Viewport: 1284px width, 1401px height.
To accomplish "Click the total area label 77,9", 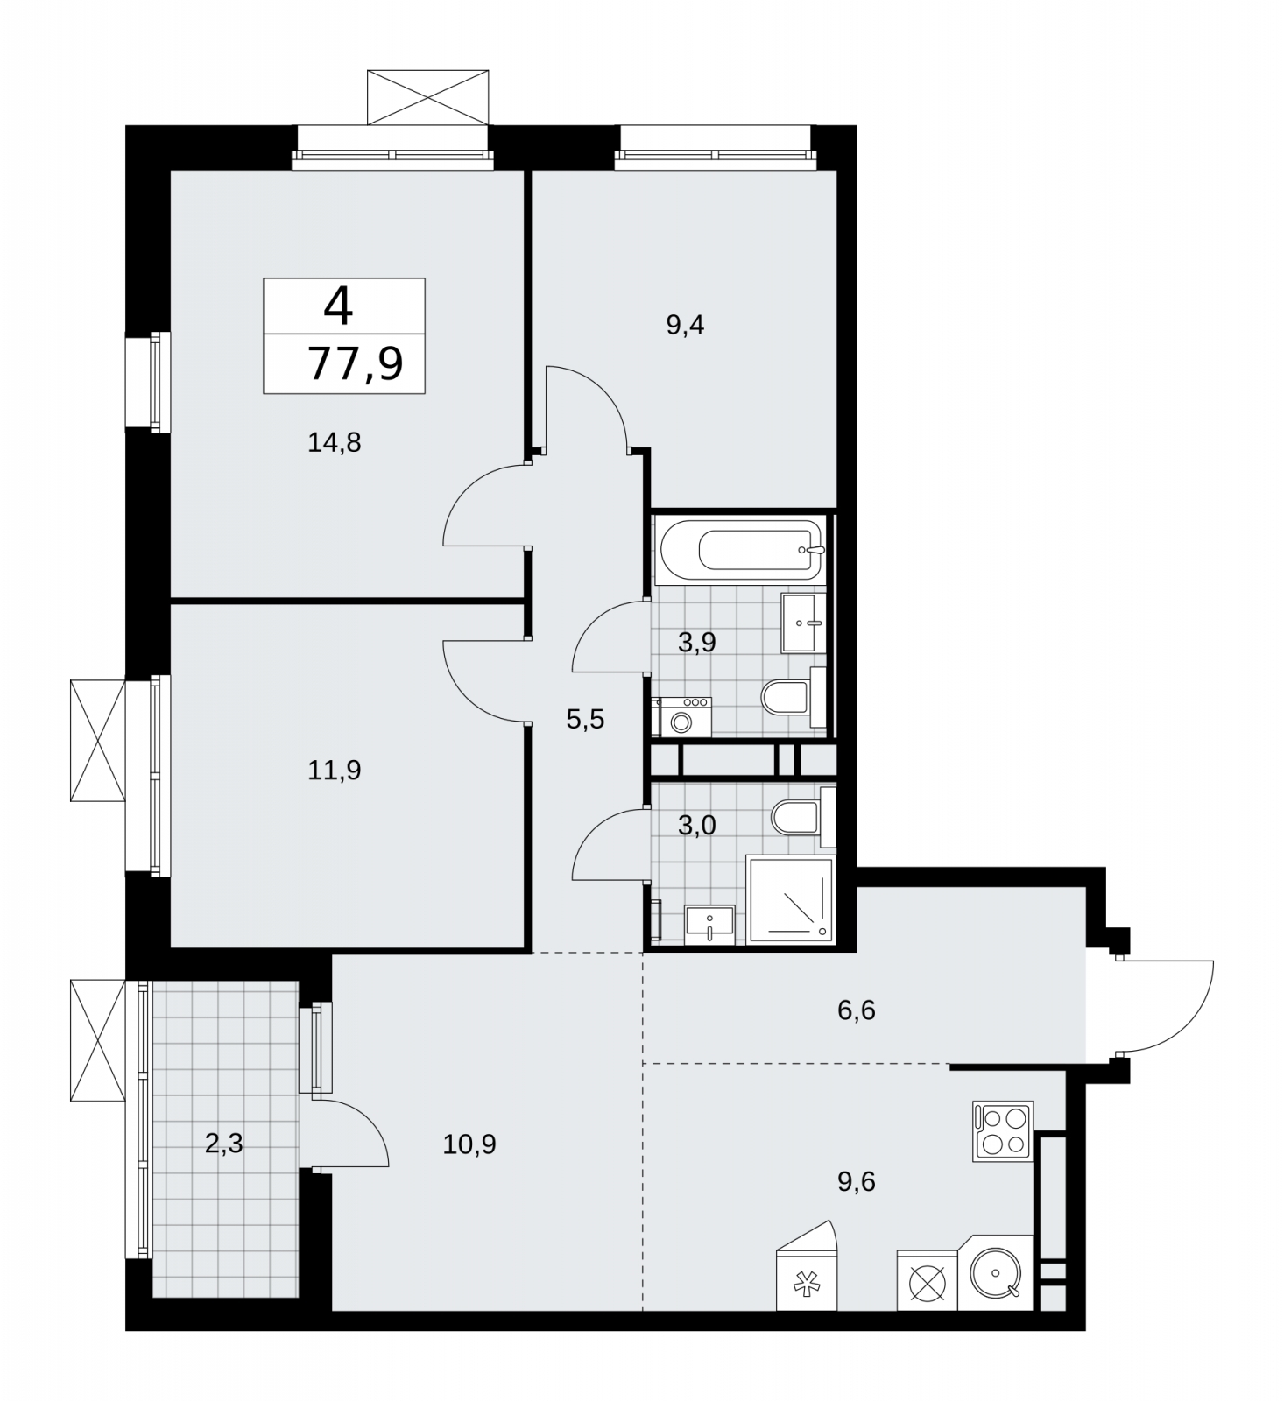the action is coord(356,363).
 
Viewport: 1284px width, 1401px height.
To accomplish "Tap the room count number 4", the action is coord(338,306).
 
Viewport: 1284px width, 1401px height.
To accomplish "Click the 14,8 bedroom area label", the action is coord(335,443).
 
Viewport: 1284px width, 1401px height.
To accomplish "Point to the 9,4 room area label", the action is coord(685,326).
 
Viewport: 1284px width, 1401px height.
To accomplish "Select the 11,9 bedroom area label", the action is coord(335,771).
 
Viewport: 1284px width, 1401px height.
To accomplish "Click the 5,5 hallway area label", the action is coord(585,720).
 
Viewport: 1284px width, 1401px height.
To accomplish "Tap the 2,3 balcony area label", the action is coord(223,1144).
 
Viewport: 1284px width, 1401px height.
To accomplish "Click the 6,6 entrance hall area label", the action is coord(857,1010).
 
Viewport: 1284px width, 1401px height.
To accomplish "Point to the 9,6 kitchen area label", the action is coord(857,1182).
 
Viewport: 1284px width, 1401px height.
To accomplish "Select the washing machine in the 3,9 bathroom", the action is coord(681,716).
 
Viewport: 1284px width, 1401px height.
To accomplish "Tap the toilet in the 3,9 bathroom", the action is coord(794,698).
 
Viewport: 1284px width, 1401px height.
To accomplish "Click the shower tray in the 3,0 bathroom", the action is coord(790,900).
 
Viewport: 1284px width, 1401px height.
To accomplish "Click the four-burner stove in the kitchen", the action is coord(1003,1131).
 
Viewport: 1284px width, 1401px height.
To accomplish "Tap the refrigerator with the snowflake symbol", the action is coord(807,1265).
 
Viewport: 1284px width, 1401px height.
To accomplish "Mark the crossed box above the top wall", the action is coord(428,97).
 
